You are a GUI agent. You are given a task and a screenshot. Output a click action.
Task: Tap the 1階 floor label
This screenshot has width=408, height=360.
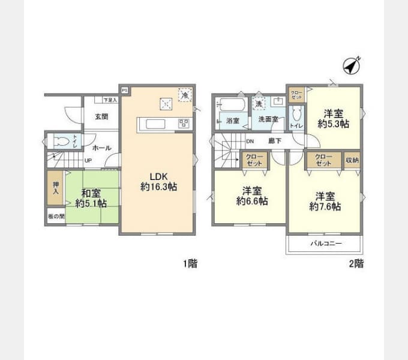pyautogui.click(x=190, y=263)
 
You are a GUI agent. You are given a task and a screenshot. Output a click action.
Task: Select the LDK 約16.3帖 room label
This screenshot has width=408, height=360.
pyautogui.click(x=158, y=181)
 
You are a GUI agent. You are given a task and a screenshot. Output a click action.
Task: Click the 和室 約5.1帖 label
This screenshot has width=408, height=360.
pyautogui.click(x=91, y=198)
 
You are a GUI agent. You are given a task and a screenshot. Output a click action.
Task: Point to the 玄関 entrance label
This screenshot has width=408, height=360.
pyautogui.click(x=101, y=117)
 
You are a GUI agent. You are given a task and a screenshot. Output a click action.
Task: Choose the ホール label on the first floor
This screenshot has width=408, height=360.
pyautogui.click(x=101, y=147)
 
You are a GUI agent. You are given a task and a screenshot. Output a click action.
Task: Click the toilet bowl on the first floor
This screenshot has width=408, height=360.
pyautogui.click(x=61, y=142)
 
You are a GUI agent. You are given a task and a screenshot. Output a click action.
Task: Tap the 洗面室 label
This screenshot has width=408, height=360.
pyautogui.click(x=268, y=119)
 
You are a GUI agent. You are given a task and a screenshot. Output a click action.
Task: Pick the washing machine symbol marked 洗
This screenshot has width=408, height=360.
pyautogui.click(x=259, y=103)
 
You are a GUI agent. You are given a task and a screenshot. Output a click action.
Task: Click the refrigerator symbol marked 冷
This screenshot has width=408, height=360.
pyautogui.click(x=185, y=95)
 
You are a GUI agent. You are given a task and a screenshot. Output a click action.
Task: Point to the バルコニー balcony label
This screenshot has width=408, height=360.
pyautogui.click(x=326, y=244)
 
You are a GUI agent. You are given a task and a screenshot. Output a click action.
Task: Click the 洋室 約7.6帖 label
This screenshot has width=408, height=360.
pyautogui.click(x=325, y=201)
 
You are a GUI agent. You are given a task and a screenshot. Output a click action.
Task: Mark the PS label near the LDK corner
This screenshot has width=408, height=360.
pyautogui.click(x=125, y=90)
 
